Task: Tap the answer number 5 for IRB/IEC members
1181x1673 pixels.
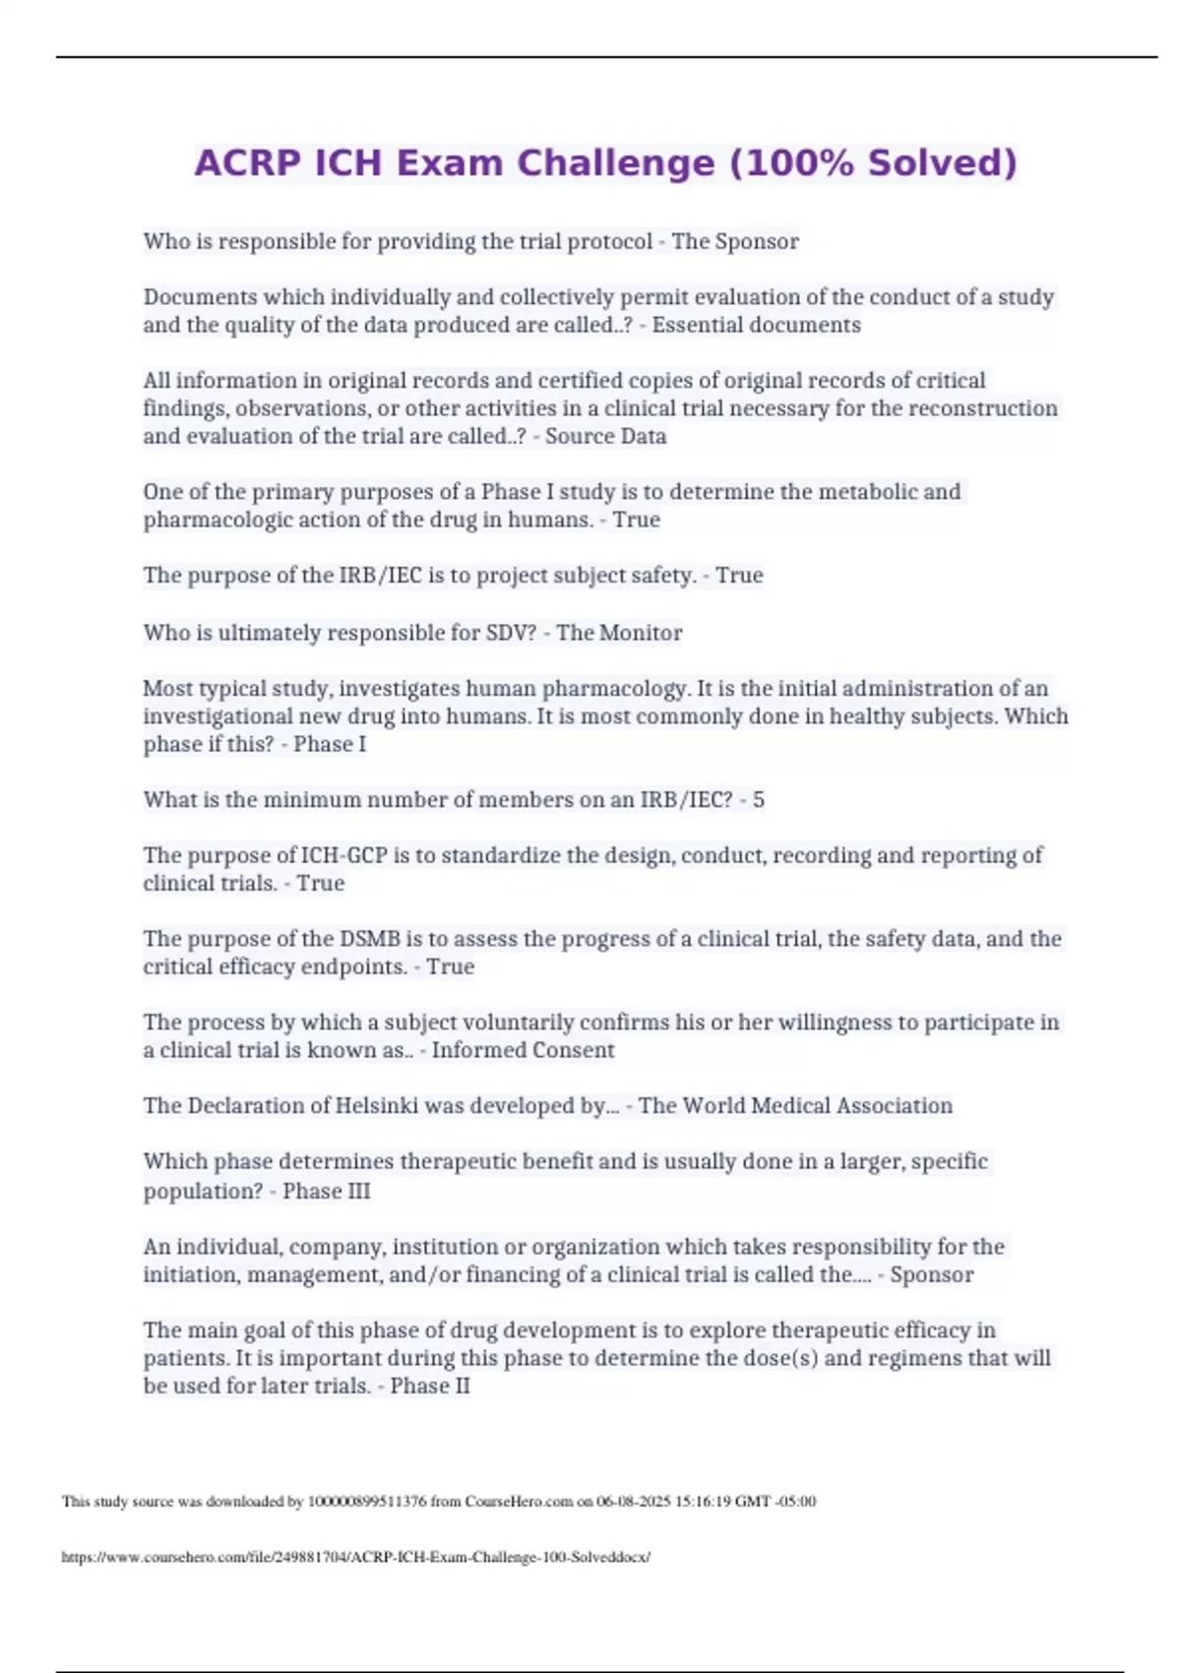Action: (x=758, y=799)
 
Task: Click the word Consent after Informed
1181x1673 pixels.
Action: (x=572, y=1050)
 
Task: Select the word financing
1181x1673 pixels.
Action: (x=511, y=1274)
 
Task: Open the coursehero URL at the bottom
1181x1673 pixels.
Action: (x=355, y=1557)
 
